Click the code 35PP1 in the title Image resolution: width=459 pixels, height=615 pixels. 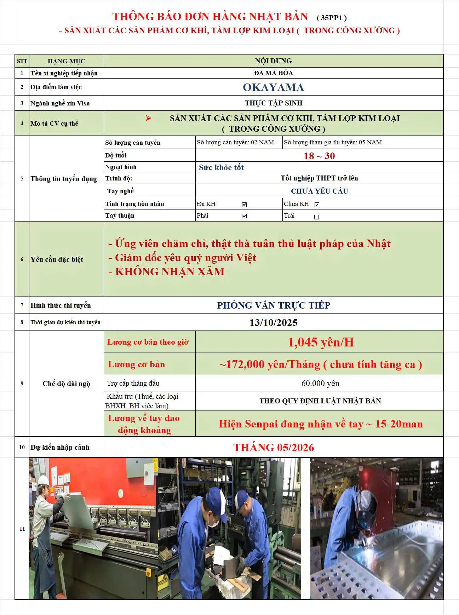click(332, 18)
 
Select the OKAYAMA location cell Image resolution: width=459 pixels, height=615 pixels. click(273, 87)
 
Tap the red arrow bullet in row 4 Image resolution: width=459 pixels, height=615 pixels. click(148, 118)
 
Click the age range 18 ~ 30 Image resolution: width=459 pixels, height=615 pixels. click(319, 156)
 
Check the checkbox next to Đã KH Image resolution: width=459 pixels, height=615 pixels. click(244, 205)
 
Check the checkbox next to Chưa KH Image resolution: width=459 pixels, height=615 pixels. click(317, 205)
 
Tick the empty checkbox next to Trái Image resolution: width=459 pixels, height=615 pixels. click(316, 217)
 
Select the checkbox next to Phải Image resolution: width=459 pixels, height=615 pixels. click(244, 216)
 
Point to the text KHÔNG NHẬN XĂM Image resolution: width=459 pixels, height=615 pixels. click(170, 272)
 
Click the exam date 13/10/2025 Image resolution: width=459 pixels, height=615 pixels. click(273, 322)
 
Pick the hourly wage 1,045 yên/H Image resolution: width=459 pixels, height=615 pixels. click(321, 342)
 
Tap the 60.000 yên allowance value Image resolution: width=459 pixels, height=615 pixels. click(320, 383)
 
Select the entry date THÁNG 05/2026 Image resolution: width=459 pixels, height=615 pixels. click(273, 447)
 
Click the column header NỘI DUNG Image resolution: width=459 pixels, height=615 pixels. click(273, 61)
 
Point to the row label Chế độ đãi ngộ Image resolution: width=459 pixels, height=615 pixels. click(66, 384)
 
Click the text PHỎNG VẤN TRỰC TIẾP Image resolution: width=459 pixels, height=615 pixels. click(273, 305)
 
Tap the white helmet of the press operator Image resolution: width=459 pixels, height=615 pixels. click(43, 480)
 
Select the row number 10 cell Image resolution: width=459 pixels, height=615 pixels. click(22, 447)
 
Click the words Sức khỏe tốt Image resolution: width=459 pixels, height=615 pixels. click(221, 167)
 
